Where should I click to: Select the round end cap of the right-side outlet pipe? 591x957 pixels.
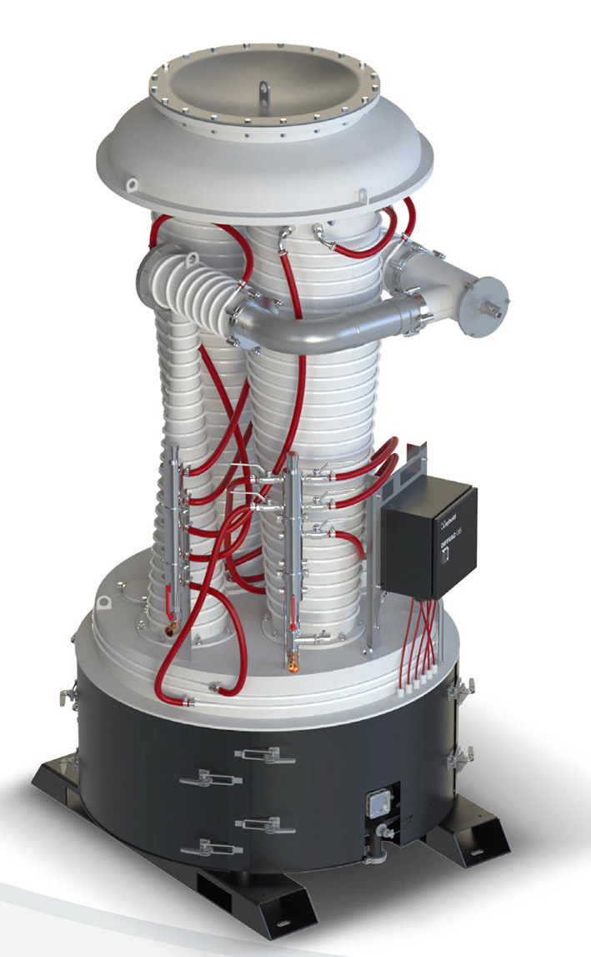tap(489, 305)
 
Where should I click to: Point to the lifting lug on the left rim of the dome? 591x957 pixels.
tap(131, 183)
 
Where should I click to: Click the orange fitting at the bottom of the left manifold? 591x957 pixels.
tap(170, 624)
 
